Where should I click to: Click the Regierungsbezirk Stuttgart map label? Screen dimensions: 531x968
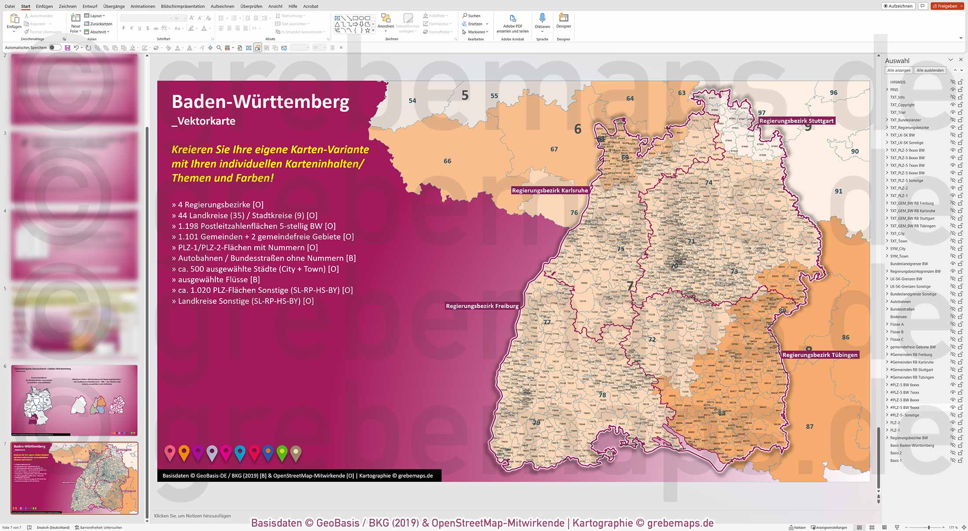[796, 121]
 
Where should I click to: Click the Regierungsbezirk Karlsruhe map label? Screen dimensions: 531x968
[550, 191]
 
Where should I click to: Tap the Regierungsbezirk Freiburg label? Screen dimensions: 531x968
[482, 306]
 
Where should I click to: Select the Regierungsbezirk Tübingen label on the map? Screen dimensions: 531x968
[820, 355]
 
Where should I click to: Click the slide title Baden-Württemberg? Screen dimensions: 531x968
[260, 102]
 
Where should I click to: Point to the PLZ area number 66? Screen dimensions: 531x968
[447, 161]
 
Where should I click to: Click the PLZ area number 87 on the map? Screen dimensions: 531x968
[810, 427]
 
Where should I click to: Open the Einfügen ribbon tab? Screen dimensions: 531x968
[44, 6]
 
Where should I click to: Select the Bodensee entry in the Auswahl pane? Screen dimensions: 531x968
[898, 317]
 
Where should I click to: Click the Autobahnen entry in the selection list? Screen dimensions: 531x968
[900, 302]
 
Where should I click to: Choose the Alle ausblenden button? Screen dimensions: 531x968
[930, 70]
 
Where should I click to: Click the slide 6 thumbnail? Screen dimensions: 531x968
[74, 400]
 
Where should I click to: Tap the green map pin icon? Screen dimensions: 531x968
[282, 452]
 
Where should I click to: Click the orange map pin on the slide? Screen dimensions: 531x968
[184, 452]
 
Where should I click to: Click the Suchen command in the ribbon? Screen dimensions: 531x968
[471, 16]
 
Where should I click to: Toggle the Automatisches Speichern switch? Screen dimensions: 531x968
[55, 48]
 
